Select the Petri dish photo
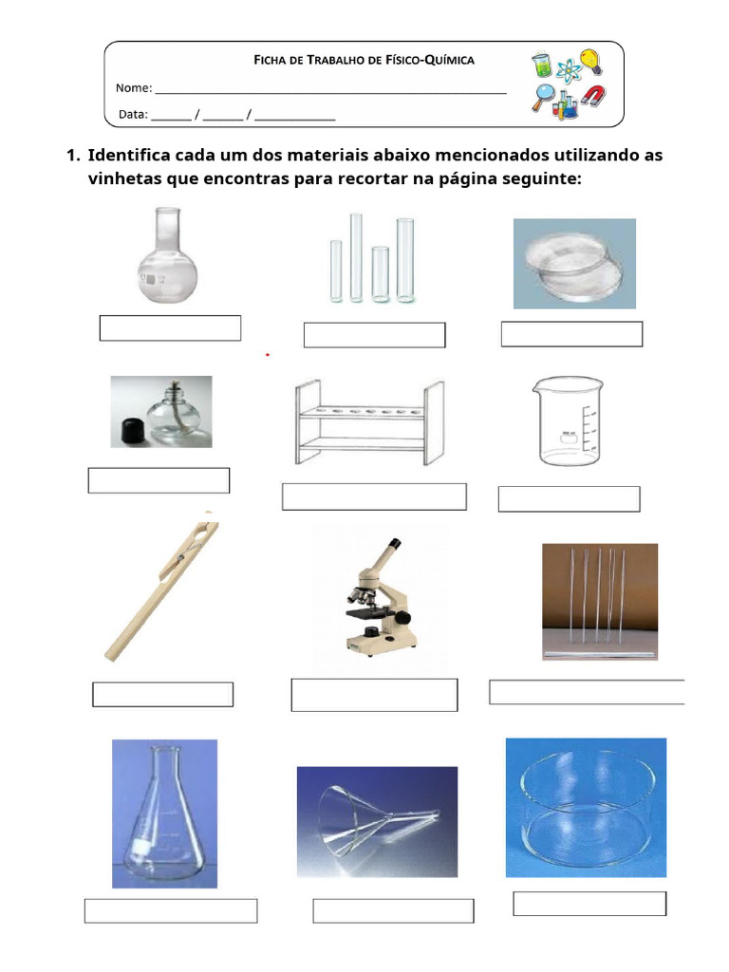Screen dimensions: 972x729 pos(573,263)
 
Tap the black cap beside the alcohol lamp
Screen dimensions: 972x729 pos(131,431)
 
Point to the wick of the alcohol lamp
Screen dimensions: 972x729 pos(174,391)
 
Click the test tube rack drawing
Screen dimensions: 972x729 pos(368,421)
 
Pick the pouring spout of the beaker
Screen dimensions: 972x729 pos(537,383)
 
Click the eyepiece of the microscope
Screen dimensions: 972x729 pos(391,545)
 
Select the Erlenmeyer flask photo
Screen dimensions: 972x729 pos(164,813)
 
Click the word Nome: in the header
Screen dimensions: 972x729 pos(134,88)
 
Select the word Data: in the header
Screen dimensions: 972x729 pos(133,115)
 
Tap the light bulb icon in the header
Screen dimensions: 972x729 pos(590,62)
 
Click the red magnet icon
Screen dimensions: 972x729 pos(593,97)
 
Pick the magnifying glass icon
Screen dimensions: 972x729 pos(544,96)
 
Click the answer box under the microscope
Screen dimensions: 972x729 pos(374,695)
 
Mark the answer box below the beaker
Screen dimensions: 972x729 pos(569,499)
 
